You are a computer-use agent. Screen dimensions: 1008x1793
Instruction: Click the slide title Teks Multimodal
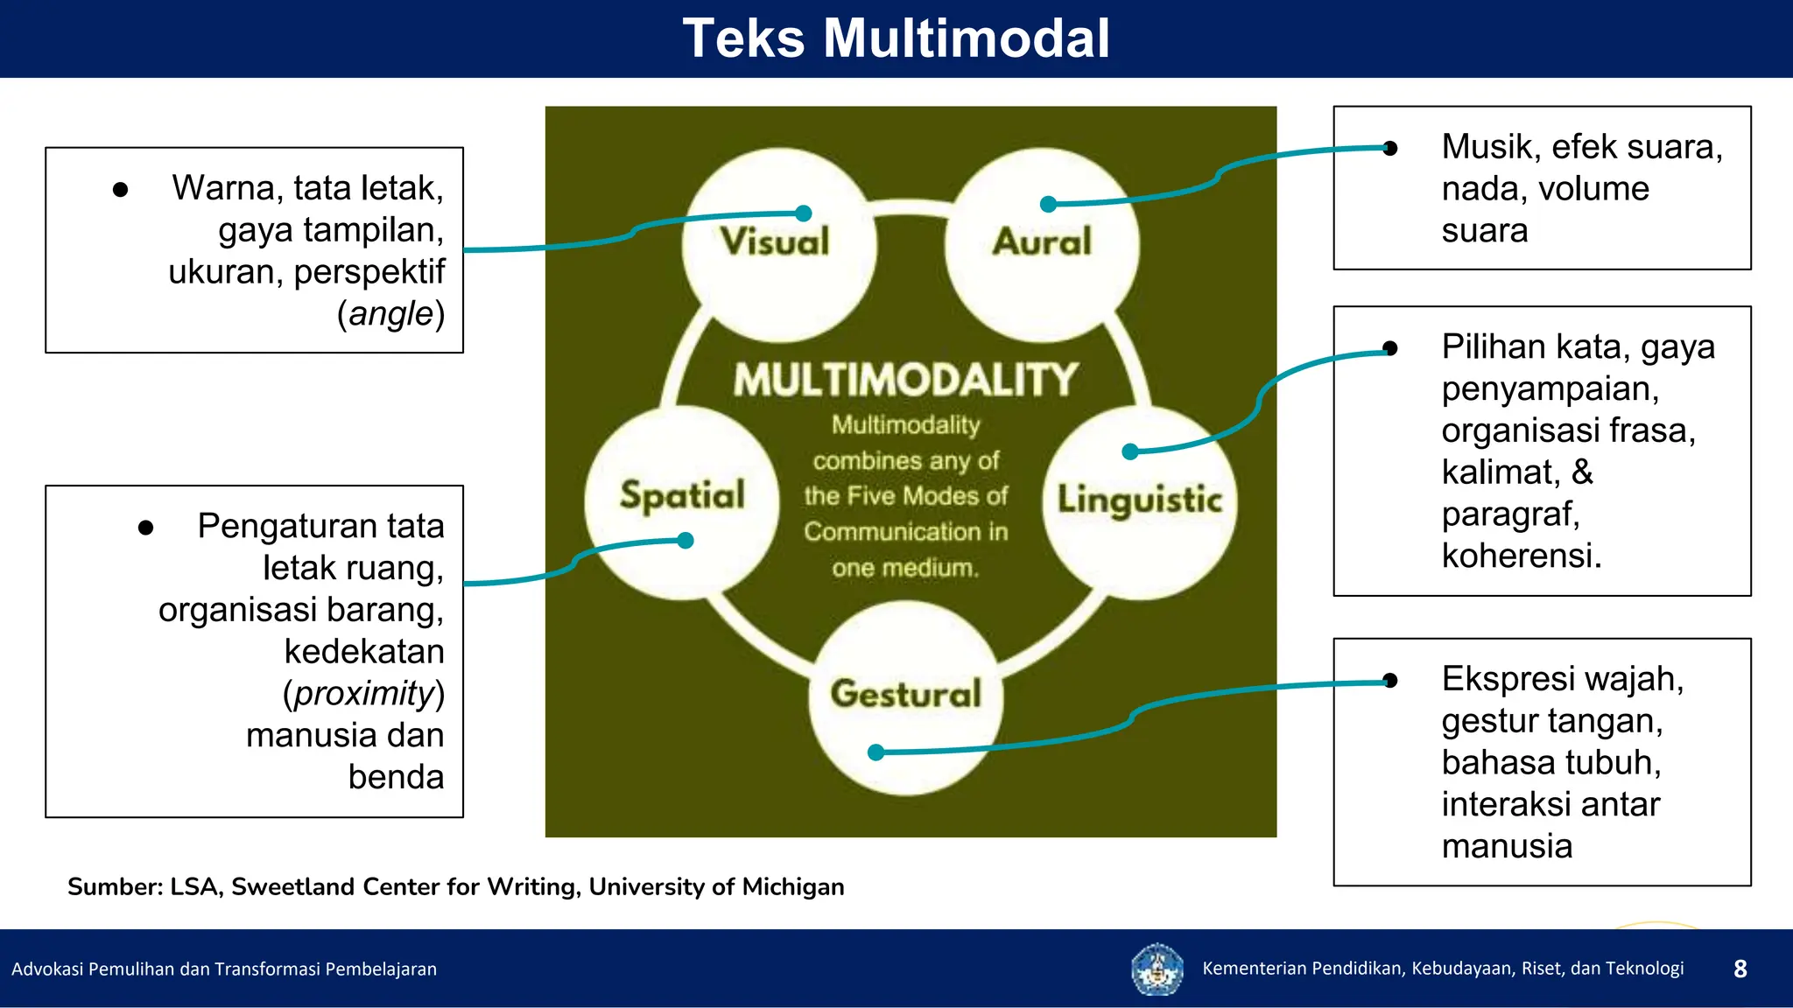pyautogui.click(x=896, y=38)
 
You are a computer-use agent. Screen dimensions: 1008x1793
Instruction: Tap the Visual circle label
pyautogui.click(x=775, y=242)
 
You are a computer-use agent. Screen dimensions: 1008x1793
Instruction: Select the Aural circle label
pyautogui.click(x=1042, y=242)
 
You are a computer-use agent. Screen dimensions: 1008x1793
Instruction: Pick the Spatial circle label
pyautogui.click(x=682, y=495)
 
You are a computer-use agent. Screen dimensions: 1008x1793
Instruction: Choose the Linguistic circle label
pyautogui.click(x=1139, y=500)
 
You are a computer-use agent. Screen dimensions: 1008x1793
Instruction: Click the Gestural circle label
pyautogui.click(x=906, y=694)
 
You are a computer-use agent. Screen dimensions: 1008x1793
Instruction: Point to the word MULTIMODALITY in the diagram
pyautogui.click(x=905, y=380)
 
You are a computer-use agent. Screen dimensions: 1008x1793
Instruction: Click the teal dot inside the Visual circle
pyautogui.click(x=804, y=213)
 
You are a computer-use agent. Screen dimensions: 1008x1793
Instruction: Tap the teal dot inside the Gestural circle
pyautogui.click(x=875, y=752)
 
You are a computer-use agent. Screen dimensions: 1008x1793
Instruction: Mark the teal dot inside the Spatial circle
pyautogui.click(x=686, y=541)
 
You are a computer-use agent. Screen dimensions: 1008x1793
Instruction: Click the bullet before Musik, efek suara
pyautogui.click(x=1390, y=148)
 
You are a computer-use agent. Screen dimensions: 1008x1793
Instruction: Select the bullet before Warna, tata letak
pyautogui.click(x=121, y=190)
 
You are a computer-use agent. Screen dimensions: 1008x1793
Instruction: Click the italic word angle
pyautogui.click(x=391, y=314)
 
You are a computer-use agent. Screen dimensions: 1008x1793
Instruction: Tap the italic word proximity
pyautogui.click(x=364, y=694)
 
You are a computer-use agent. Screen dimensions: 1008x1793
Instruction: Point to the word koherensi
pyautogui.click(x=1520, y=556)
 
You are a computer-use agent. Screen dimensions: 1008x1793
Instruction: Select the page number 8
pyautogui.click(x=1740, y=969)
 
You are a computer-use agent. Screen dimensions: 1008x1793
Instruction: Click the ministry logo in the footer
pyautogui.click(x=1157, y=969)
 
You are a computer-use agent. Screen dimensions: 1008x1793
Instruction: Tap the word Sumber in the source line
pyautogui.click(x=114, y=887)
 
